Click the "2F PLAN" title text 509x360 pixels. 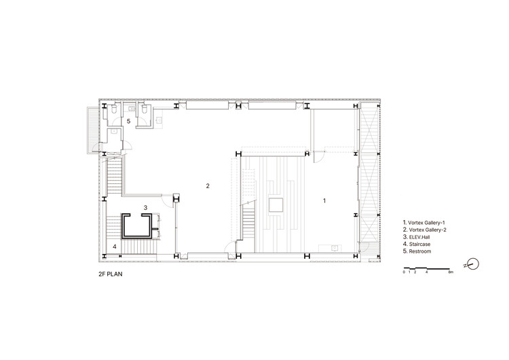click(111, 274)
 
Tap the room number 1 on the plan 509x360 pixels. click(324, 201)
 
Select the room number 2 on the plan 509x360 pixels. click(208, 186)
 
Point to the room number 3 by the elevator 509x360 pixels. click(145, 207)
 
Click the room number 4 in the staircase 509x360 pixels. click(115, 247)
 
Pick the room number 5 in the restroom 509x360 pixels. click(128, 121)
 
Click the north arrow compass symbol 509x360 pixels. click(473, 264)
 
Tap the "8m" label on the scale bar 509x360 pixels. click(451, 272)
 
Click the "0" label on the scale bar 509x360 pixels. click(404, 272)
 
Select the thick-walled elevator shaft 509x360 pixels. click(136, 226)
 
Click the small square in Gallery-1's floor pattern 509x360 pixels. click(276, 205)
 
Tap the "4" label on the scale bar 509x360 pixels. click(427, 272)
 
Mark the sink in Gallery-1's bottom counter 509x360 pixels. click(335, 248)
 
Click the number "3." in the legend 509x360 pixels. click(405, 237)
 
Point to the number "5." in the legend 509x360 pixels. click(405, 251)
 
